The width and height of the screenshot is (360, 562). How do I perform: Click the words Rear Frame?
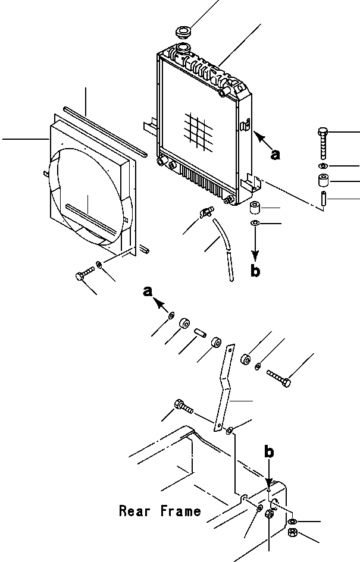click(159, 511)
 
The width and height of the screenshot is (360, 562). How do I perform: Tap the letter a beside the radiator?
click(275, 155)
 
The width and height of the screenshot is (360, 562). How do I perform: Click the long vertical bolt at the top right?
click(323, 143)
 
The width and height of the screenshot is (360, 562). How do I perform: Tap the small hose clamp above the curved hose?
click(206, 212)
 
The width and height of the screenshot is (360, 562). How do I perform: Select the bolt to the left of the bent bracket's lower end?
click(183, 407)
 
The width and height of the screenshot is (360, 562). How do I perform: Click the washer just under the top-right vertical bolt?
click(323, 166)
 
